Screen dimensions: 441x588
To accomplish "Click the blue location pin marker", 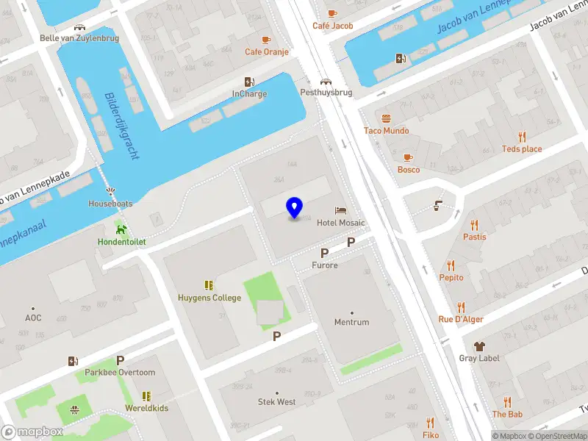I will [295, 208].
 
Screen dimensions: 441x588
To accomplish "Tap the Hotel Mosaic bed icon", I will [340, 211].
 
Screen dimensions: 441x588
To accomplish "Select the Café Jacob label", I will [332, 26].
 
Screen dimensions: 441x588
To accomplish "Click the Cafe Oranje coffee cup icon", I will [266, 40].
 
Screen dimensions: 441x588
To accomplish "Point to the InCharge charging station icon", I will [249, 82].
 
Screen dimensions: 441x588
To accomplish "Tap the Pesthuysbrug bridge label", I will [326, 93].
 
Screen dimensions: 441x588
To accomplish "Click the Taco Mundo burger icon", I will [386, 118].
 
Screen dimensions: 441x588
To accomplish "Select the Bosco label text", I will [409, 170].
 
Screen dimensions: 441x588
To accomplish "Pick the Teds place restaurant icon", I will [522, 137].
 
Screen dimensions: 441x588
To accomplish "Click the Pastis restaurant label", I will [474, 237].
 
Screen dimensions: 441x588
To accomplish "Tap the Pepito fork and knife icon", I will [451, 265].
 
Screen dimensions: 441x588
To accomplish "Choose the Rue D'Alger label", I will [461, 319].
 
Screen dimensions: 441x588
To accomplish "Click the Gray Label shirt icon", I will [479, 345].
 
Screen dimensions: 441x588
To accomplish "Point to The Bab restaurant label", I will [507, 415].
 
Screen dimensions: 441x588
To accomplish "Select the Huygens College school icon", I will [209, 285].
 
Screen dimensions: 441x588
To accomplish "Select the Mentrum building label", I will [351, 323].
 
